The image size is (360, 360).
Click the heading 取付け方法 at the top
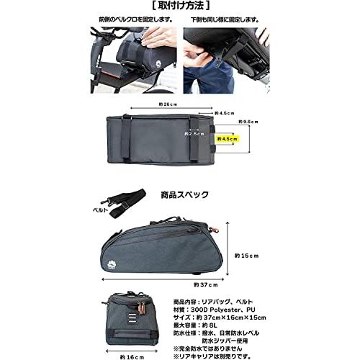click(180, 7)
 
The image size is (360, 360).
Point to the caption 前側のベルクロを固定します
click(134, 22)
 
